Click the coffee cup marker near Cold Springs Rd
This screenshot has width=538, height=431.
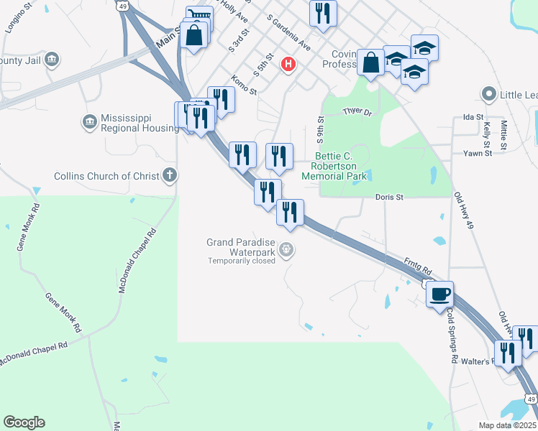439,293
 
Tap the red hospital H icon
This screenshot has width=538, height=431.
288,65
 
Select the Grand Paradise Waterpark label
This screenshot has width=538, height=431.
242,247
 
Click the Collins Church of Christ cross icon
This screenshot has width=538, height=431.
169,175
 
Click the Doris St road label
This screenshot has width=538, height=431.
390,196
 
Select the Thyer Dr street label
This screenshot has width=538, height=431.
357,111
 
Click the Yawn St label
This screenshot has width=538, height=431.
478,153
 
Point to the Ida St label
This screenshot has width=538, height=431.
473,116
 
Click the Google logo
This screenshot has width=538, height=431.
24,422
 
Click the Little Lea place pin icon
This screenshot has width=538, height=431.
489,94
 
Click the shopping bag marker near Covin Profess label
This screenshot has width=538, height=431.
371,62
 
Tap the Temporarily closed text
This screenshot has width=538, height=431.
242,261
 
